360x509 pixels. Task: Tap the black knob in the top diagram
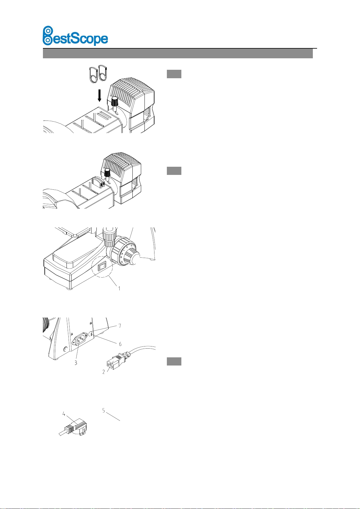115,101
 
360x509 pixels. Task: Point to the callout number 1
119,288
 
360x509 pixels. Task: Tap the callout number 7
120,326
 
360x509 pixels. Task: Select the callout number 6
120,344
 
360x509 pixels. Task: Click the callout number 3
76,362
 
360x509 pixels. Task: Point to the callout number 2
104,372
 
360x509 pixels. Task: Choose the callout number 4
64,414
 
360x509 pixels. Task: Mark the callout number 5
103,411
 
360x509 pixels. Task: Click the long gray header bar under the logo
178,54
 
